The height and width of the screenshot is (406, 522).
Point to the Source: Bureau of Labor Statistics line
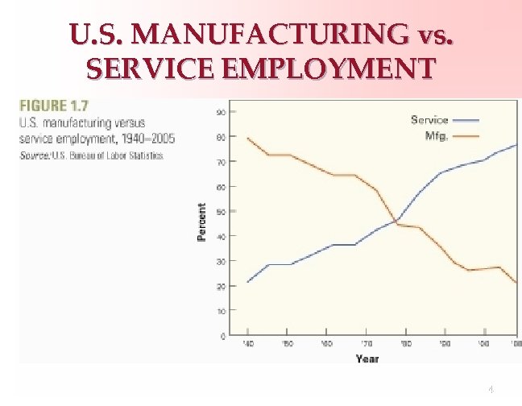tap(90, 155)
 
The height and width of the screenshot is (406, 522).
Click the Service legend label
tap(429, 120)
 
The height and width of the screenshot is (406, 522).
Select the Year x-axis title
tap(367, 358)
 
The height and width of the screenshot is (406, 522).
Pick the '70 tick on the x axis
tap(367, 344)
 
